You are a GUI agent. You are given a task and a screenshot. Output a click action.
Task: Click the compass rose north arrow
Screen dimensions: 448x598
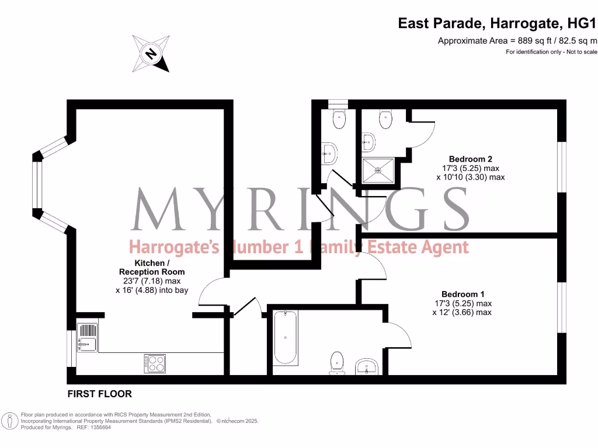coord(151,54)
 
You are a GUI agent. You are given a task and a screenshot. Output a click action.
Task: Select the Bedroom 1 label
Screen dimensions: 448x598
coord(463,295)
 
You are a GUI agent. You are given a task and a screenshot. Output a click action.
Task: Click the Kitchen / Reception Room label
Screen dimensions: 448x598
coord(152,267)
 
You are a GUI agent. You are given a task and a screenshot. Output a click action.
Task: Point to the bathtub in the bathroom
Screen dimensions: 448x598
coord(286,338)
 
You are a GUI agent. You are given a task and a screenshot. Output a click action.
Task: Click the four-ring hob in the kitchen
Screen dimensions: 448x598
coord(155,363)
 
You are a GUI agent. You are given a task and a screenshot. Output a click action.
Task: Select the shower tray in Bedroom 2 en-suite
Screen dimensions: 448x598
coord(378,170)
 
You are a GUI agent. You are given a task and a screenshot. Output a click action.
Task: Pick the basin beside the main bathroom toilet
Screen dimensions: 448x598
coord(367,367)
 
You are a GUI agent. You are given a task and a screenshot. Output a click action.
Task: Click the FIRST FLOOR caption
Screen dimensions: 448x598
coord(100,394)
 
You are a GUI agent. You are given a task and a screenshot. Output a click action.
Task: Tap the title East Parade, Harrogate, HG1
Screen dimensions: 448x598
coord(498,24)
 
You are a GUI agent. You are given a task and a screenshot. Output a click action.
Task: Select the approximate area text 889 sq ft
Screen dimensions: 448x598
coord(517,41)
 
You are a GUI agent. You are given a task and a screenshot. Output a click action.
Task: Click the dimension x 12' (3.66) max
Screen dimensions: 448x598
coord(462,312)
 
